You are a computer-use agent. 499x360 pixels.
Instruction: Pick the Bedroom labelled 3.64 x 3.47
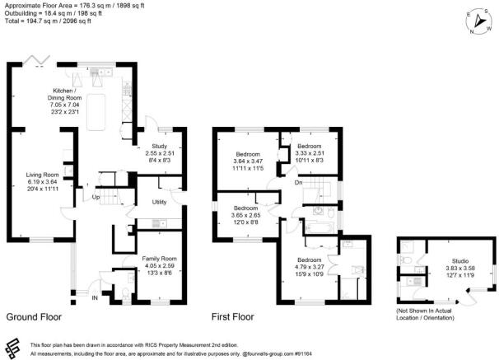click(x=248, y=154)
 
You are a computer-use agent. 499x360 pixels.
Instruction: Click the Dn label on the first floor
click(x=297, y=182)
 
